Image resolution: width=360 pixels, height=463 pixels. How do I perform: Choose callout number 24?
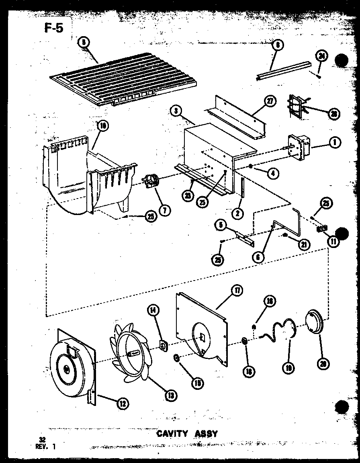pos(321,57)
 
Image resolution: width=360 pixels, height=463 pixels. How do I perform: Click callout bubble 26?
pos(333,114)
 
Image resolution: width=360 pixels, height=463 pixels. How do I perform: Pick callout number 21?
pos(305,244)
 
